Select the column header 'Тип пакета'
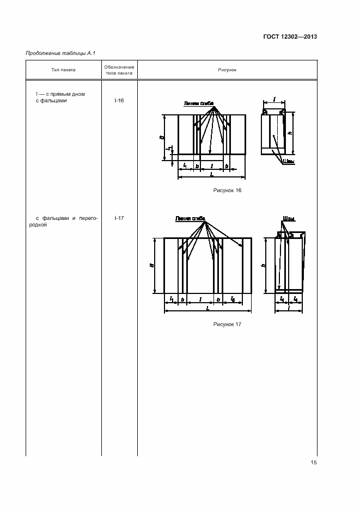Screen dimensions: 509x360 point(63,70)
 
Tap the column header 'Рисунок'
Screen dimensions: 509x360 point(227,70)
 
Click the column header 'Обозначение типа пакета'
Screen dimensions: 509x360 point(119,70)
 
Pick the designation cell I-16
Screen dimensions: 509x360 point(119,101)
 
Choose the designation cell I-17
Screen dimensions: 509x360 point(119,218)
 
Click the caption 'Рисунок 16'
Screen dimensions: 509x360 point(227,191)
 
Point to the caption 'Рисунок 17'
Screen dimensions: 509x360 point(227,324)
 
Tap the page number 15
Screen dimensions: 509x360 point(314,463)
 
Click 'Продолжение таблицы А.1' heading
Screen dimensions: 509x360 point(53,53)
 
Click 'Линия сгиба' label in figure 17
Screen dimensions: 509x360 point(190,218)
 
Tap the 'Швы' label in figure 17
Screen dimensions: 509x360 point(289,218)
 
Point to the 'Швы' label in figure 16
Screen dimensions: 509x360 point(288,161)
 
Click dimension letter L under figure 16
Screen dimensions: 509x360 point(211,174)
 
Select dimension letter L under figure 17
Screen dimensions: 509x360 point(208,308)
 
